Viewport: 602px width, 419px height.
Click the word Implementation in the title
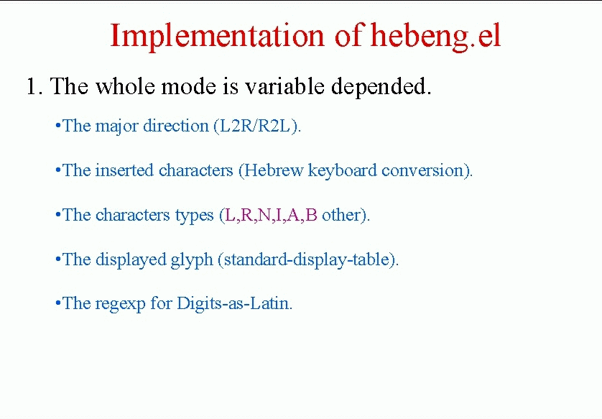pyautogui.click(x=217, y=37)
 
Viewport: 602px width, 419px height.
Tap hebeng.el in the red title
pyautogui.click(x=436, y=37)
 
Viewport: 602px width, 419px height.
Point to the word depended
pyautogui.click(x=381, y=86)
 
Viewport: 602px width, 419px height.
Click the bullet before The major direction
pyautogui.click(x=58, y=126)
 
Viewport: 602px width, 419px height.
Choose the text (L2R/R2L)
pyautogui.click(x=257, y=126)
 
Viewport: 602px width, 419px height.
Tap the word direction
pyautogui.click(x=175, y=126)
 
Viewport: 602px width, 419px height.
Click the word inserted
pyautogui.click(x=124, y=170)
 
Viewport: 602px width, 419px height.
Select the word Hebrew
pyautogui.click(x=274, y=170)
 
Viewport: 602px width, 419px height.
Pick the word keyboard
pyautogui.click(x=342, y=170)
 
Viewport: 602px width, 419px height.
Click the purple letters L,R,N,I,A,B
pyautogui.click(x=271, y=215)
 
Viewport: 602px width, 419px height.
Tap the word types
pyautogui.click(x=194, y=216)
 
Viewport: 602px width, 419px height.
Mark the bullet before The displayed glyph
pyautogui.click(x=58, y=259)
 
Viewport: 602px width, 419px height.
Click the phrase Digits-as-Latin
pyautogui.click(x=234, y=303)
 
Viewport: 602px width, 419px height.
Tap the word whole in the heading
pyautogui.click(x=125, y=86)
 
